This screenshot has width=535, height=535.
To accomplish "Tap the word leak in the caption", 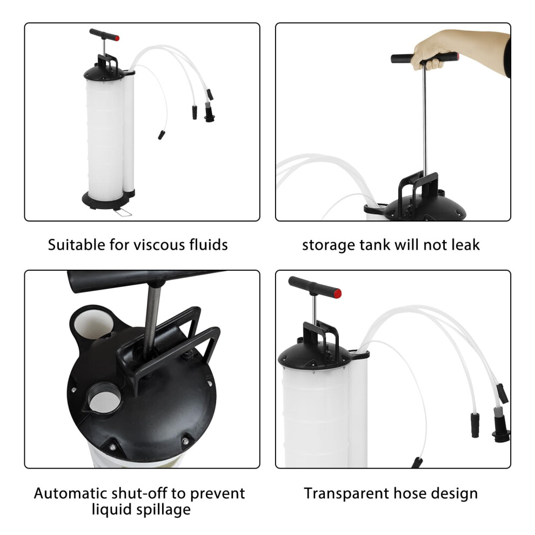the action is click(x=466, y=245).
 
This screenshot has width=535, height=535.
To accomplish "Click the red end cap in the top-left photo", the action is click(x=117, y=38).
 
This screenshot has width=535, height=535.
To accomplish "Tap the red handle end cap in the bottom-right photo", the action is click(x=337, y=293).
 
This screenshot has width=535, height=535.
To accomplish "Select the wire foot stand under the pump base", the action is click(x=123, y=212).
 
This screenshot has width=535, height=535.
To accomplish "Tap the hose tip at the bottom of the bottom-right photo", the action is click(x=417, y=463).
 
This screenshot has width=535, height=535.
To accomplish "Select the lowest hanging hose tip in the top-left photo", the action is click(x=162, y=135).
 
